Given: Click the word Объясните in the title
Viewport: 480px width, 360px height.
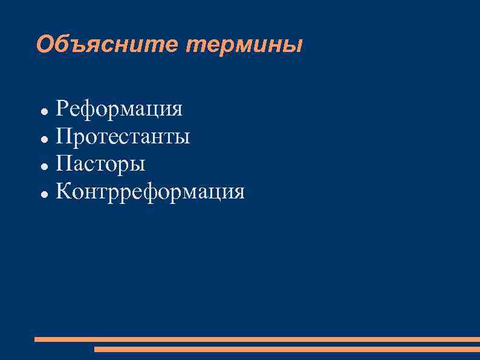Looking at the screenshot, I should (x=106, y=45).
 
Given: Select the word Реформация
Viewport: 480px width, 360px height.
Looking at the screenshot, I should (x=119, y=110).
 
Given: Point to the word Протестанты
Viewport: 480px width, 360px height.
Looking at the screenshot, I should (x=123, y=137).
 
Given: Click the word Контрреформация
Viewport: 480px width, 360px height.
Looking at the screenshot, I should (x=151, y=192).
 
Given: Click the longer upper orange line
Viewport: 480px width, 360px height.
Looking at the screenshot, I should (x=257, y=339).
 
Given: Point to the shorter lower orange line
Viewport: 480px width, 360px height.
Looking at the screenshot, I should (x=287, y=349).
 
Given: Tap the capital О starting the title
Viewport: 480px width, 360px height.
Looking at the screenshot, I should (x=45, y=45).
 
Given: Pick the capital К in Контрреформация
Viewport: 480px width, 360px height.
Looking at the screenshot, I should (x=63, y=192).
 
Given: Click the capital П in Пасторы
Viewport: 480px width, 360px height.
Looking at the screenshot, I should (x=63, y=164).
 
